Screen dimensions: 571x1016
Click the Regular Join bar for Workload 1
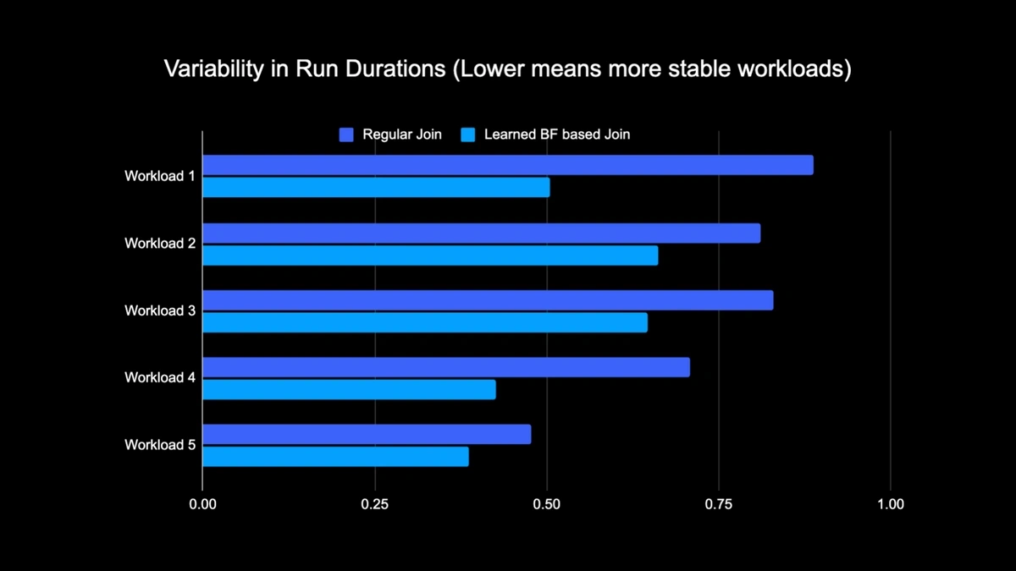[x=507, y=165]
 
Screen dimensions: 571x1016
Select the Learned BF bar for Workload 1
[x=376, y=187]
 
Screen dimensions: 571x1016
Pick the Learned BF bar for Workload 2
[x=430, y=255]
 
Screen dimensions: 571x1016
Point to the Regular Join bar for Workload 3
[x=487, y=300]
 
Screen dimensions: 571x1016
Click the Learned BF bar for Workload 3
[x=425, y=322]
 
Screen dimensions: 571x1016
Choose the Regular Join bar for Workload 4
[x=445, y=367]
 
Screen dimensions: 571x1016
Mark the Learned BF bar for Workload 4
[x=349, y=389]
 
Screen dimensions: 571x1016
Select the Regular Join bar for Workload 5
[x=367, y=434]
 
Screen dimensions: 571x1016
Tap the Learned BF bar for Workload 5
[x=335, y=456]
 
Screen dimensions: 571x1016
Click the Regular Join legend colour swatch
[x=346, y=135]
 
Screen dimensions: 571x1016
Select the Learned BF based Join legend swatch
[x=467, y=135]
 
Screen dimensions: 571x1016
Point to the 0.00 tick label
[x=202, y=504]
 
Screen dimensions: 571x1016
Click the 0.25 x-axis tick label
[x=374, y=504]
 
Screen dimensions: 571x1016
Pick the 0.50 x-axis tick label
[x=547, y=504]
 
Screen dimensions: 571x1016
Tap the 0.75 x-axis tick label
[x=718, y=504]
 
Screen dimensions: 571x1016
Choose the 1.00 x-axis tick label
[x=890, y=504]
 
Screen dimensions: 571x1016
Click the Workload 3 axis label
[x=160, y=310]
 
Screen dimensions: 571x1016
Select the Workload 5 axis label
[x=160, y=444]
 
